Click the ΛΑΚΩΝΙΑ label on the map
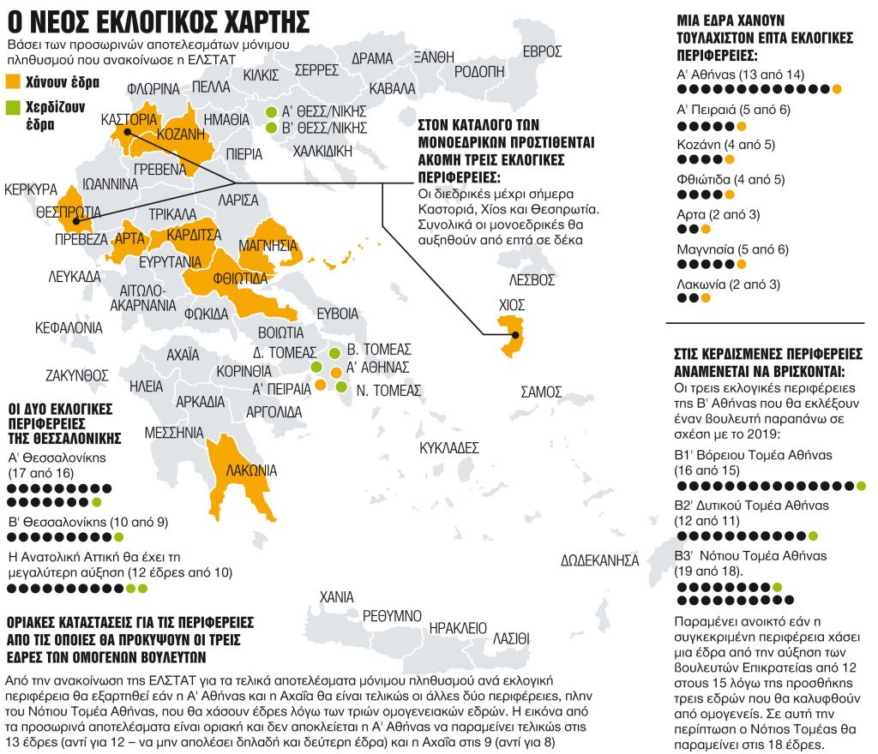[251, 470]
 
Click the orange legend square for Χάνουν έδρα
[13, 83]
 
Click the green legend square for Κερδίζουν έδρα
[13, 108]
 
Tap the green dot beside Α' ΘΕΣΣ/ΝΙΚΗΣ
[271, 112]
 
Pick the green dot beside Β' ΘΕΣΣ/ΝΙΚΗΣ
[271, 129]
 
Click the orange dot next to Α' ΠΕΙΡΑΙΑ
[320, 386]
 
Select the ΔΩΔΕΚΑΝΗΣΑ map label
[600, 560]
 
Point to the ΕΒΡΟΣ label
[542, 51]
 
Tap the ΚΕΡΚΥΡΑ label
[30, 188]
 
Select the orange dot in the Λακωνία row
[706, 298]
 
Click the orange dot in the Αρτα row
[706, 229]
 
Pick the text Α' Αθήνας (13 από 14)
[740, 75]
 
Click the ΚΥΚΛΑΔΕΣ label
[448, 447]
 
